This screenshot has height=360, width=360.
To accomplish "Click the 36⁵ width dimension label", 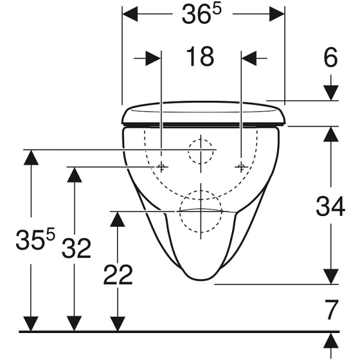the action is point(202,14).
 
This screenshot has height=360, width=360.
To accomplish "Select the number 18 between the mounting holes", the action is point(200,56).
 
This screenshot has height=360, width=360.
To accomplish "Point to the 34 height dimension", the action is point(331,206).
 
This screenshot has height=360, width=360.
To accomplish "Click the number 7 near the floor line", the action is point(332,310).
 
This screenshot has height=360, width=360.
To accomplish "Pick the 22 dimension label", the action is point(118,275).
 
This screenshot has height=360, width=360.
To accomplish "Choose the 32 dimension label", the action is point(76,248).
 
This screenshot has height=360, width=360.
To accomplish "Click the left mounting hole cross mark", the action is point(161,167).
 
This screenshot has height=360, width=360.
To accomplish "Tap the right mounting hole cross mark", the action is point(241,167).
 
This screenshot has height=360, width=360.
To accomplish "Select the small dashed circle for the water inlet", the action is point(200,152).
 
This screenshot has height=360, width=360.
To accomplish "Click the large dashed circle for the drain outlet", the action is point(200,211).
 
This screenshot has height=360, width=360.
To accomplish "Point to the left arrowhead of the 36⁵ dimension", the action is point(130,14).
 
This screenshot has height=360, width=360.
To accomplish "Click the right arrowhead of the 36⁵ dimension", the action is point(277,14).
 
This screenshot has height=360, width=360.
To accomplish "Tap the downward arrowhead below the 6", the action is point(331,93).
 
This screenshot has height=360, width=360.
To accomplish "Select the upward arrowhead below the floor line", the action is point(331,340).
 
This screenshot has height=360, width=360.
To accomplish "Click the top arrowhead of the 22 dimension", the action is point(118,219).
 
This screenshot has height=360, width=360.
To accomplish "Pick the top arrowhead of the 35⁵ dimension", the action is point(31,157).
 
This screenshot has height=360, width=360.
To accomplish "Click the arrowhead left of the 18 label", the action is point(153,58).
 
